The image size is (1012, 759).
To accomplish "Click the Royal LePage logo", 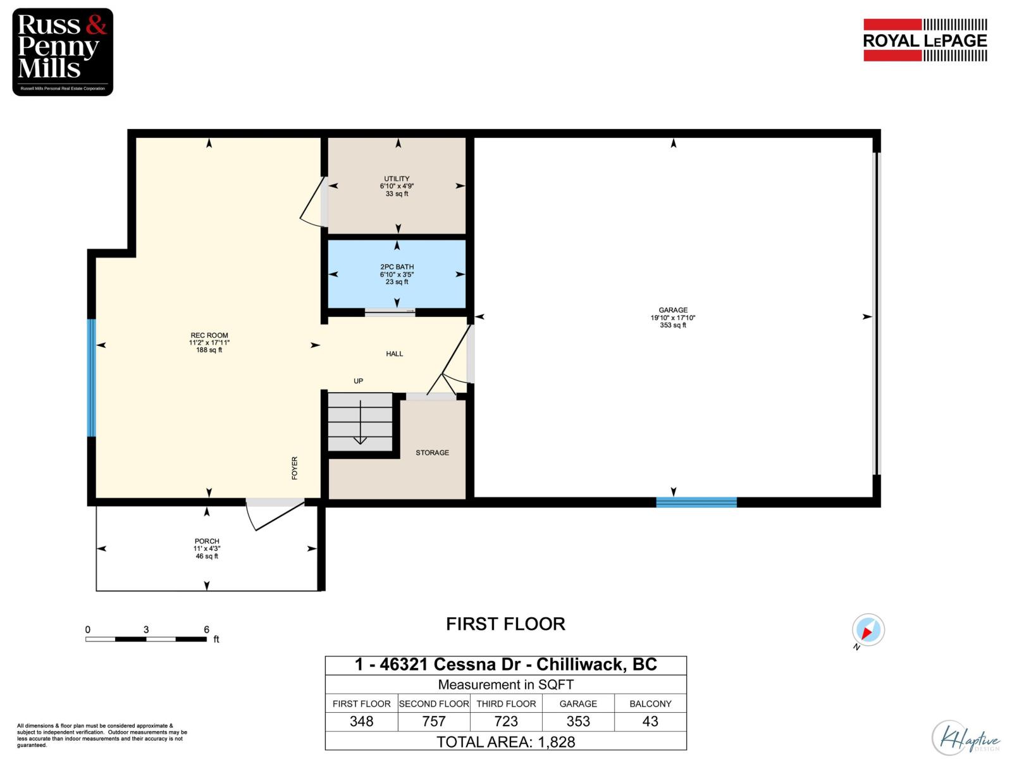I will (925, 40).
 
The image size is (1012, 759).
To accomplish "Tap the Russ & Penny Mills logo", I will (63, 52).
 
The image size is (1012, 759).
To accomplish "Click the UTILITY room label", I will (397, 179).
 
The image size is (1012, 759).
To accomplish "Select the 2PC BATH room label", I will (397, 267).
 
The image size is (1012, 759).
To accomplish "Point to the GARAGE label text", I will (672, 311).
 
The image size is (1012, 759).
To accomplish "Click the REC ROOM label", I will (209, 335).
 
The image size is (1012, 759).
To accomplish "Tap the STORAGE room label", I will (432, 453).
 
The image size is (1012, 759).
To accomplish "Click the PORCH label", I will (207, 541).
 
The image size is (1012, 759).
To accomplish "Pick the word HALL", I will (394, 354).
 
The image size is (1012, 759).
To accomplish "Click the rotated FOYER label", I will (294, 468).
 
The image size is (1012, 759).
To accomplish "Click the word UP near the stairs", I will (358, 381).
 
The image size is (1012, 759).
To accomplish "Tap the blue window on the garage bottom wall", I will (696, 502).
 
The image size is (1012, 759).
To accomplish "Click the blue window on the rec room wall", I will (91, 378).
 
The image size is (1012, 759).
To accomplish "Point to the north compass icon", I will (868, 630).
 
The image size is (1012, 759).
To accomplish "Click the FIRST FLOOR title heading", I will (505, 624).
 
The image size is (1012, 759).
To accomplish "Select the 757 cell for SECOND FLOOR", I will (433, 721).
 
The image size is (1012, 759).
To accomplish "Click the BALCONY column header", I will (650, 703).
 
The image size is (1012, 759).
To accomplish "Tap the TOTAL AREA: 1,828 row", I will (505, 741).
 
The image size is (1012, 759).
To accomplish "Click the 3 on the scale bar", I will (146, 629).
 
